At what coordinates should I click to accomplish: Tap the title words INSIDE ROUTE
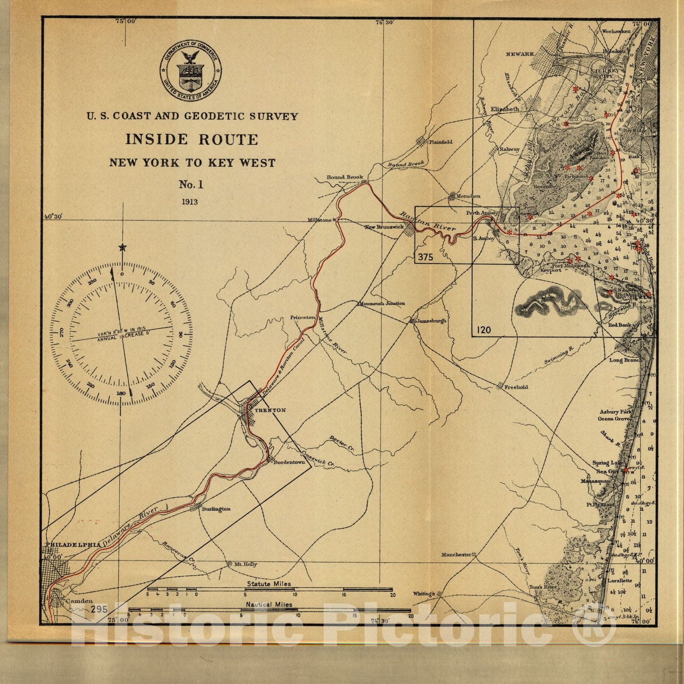point(192,139)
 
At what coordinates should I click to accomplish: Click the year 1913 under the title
point(189,202)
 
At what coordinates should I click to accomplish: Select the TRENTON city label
point(270,410)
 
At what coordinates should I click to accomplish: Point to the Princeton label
point(302,317)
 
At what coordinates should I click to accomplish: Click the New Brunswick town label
point(384,227)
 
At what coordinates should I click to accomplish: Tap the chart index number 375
point(425,257)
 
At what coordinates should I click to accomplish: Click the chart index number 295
point(99,609)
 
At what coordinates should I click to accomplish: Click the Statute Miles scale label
point(268,584)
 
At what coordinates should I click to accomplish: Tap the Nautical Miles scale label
point(269,604)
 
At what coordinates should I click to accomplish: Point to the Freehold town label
point(516,387)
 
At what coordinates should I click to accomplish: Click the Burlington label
point(216,509)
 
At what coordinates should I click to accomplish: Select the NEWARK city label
point(520,54)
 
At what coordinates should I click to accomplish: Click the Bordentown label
point(289,463)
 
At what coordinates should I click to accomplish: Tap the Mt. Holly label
point(245,564)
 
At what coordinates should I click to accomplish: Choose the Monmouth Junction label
point(382,304)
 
